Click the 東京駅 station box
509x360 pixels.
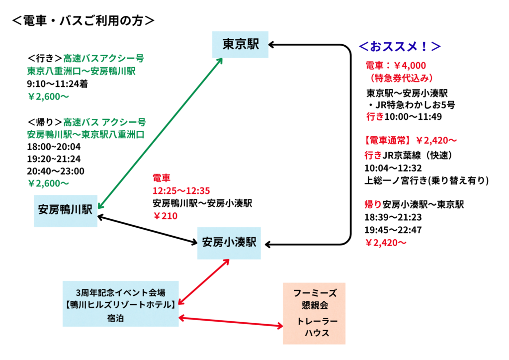coord(241,44)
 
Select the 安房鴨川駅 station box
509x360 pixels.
coord(66,210)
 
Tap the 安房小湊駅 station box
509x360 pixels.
coord(229,243)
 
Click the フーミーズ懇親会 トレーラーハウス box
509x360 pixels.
coord(314,313)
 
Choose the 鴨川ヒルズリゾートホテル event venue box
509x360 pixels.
coord(121,304)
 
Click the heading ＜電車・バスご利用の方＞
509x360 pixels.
coord(83,20)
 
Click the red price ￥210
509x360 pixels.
coord(165,216)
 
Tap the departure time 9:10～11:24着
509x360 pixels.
coord(57,84)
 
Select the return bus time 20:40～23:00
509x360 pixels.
coord(56,171)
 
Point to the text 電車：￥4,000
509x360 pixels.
coord(396,66)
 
